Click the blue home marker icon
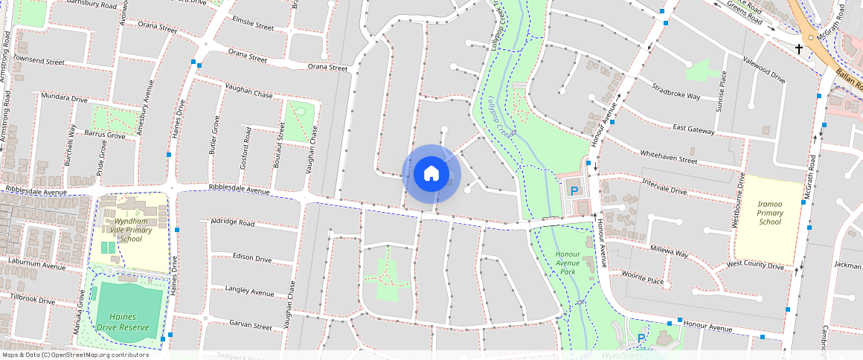click(431, 174)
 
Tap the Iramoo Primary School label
click(770, 212)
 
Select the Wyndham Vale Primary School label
click(130, 230)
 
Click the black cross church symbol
click(800, 49)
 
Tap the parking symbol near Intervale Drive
click(574, 191)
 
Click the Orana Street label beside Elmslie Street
click(247, 56)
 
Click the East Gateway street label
click(693, 129)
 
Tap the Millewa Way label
click(670, 251)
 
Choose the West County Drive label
click(755, 264)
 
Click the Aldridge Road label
click(233, 222)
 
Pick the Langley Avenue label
click(249, 292)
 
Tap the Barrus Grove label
click(105, 135)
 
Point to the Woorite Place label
click(643, 278)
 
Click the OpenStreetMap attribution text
click(76, 355)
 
